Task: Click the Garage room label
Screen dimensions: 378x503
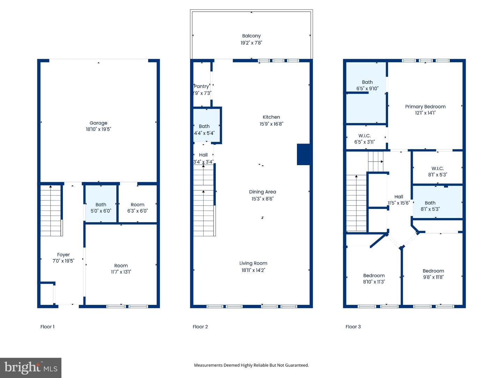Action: click(x=98, y=123)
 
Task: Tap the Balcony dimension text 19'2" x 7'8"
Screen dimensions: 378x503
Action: click(x=251, y=43)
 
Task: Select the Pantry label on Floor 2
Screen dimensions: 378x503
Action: click(x=202, y=86)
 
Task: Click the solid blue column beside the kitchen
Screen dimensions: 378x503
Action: click(x=303, y=154)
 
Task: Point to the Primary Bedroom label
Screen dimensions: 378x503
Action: click(x=425, y=106)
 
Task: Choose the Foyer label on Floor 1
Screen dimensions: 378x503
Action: click(x=63, y=255)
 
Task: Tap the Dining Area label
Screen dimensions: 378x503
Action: click(x=262, y=192)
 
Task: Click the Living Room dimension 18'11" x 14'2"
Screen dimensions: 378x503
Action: click(x=253, y=270)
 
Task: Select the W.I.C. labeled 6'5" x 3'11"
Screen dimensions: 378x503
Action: click(x=364, y=139)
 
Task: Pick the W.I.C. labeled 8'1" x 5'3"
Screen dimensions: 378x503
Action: click(x=437, y=171)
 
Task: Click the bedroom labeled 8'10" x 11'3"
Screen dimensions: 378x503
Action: click(x=374, y=279)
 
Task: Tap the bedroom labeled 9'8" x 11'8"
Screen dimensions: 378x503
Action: click(x=433, y=274)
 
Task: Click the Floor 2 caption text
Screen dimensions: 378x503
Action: click(x=200, y=327)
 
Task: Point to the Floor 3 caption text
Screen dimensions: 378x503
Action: click(x=353, y=327)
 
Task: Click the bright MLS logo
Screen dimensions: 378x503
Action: click(x=31, y=367)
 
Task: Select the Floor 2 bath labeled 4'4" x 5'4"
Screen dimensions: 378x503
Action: click(x=204, y=129)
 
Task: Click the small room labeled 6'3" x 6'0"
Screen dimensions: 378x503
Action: click(x=137, y=208)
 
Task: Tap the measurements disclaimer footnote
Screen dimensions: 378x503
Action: click(x=251, y=365)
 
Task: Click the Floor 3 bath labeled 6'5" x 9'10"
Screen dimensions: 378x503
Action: click(x=367, y=85)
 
